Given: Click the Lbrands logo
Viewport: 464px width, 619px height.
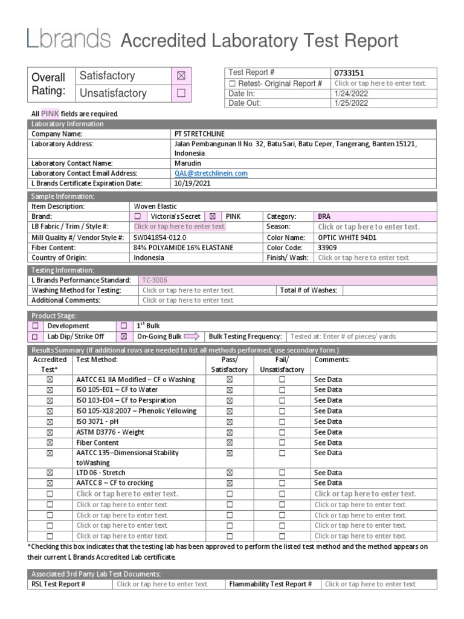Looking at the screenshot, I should pyautogui.click(x=68, y=39).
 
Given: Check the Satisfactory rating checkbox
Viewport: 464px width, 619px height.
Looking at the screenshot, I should pyautogui.click(x=181, y=76).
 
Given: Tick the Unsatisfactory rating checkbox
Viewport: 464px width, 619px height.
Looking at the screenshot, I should pyautogui.click(x=181, y=93).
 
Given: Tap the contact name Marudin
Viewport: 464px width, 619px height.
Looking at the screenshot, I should pyautogui.click(x=187, y=163).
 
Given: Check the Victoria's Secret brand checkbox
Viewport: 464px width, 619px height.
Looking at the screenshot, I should pyautogui.click(x=138, y=216).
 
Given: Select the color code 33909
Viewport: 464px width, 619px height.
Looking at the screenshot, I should pyautogui.click(x=328, y=247).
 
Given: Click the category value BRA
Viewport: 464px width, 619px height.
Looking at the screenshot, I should pyautogui.click(x=324, y=216).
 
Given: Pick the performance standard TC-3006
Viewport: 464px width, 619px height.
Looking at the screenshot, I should pyautogui.click(x=155, y=280).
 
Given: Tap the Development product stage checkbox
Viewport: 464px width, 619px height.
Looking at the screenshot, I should pyautogui.click(x=35, y=326).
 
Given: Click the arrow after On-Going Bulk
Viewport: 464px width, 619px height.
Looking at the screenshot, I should pyautogui.click(x=192, y=336).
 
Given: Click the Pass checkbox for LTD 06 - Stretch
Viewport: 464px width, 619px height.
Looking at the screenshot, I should pyautogui.click(x=230, y=473).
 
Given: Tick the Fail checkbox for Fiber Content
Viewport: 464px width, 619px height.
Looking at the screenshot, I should pyautogui.click(x=282, y=442).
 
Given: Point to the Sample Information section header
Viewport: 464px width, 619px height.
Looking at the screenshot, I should pyautogui.click(x=63, y=196).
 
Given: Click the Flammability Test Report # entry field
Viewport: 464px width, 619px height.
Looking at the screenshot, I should pyautogui.click(x=370, y=584).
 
